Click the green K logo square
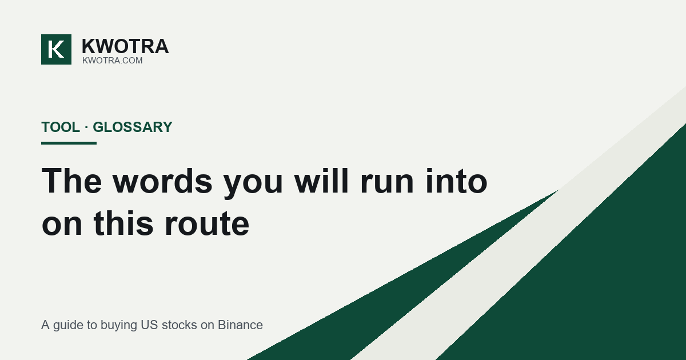[57, 49]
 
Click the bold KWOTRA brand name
[125, 46]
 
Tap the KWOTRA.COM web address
[113, 61]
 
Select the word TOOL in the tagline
[61, 127]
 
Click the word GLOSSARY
[133, 127]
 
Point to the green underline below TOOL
[69, 143]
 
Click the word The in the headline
[71, 181]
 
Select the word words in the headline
[162, 181]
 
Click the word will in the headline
[321, 181]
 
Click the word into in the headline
[456, 181]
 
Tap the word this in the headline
[123, 223]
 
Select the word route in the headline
[207, 226]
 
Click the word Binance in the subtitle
[240, 325]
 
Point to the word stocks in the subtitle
[179, 325]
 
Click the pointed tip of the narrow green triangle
[558, 190]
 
